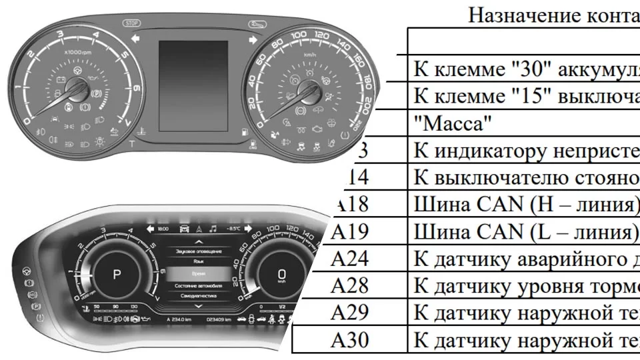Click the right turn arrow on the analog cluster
253,40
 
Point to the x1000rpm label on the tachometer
77,51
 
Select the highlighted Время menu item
198,274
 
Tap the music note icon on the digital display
213,228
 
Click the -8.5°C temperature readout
233,229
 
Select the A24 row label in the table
349,258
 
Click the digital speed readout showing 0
281,274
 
